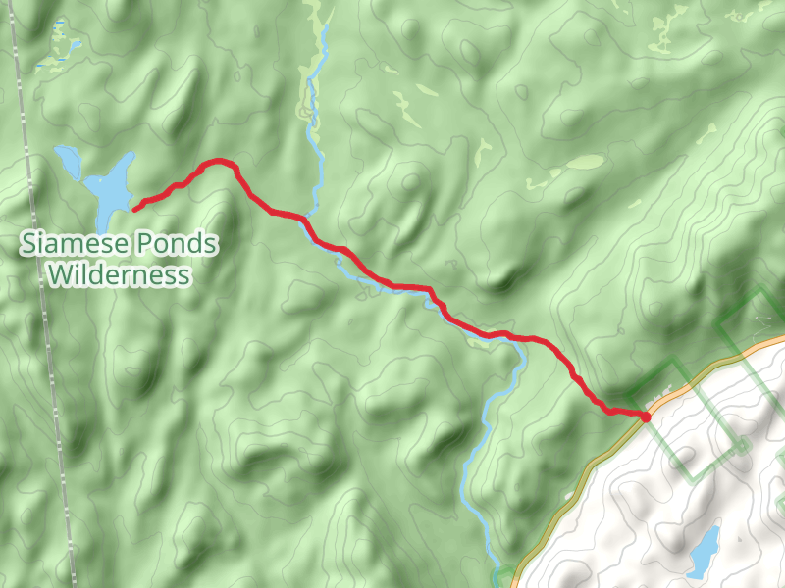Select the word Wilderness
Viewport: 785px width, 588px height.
119,275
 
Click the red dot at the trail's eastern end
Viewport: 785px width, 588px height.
646,417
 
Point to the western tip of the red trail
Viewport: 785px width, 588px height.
134,208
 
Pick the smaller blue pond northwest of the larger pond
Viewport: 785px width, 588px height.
67,159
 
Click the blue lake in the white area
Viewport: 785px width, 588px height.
704,552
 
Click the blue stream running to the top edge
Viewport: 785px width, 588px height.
314,118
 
